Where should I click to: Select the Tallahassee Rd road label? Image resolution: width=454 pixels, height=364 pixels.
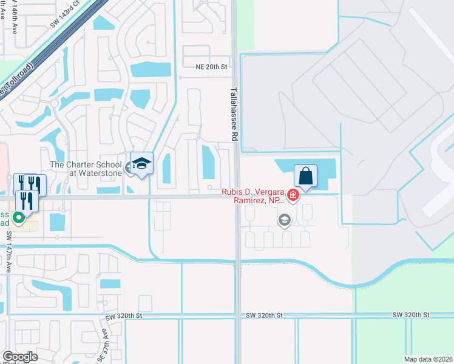233,113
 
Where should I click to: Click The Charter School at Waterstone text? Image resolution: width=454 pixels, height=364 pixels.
86,168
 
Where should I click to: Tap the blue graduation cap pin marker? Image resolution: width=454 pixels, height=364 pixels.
141,164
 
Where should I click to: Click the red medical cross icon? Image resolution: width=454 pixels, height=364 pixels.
293,195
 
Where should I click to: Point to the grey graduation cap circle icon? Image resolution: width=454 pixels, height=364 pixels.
283,220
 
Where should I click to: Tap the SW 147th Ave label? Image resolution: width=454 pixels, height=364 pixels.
9,251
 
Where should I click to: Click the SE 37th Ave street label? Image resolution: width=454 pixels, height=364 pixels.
104,341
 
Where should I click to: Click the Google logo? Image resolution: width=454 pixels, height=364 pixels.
20,357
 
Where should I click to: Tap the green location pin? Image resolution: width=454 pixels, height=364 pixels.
19,217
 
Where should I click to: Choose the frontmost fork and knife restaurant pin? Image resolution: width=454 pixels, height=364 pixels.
27,200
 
